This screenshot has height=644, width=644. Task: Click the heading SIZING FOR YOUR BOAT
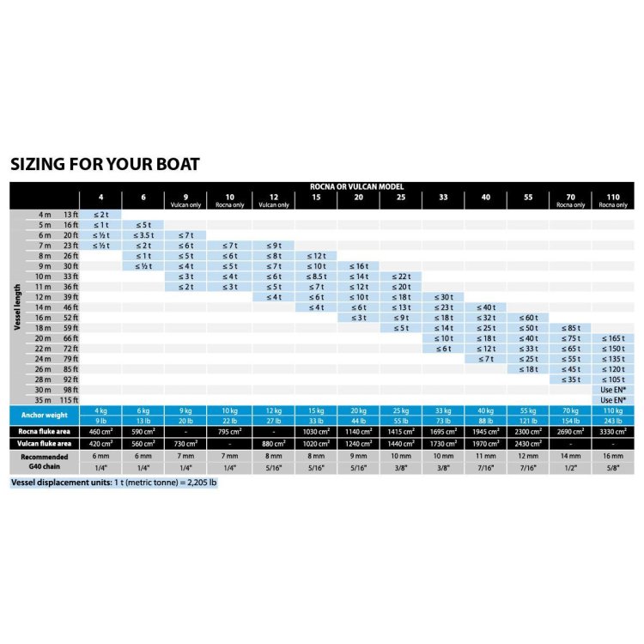click(x=105, y=163)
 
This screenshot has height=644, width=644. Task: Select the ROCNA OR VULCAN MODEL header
click(x=356, y=186)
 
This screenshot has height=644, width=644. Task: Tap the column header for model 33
click(x=443, y=197)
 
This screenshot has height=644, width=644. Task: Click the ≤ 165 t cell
click(x=611, y=338)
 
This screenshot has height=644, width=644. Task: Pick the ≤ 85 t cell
click(x=570, y=327)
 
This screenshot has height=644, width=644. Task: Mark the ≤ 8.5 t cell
click(x=316, y=276)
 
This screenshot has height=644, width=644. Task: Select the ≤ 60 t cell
click(x=527, y=317)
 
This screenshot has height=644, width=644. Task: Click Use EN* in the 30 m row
click(x=611, y=390)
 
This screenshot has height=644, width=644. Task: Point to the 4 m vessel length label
click(x=45, y=214)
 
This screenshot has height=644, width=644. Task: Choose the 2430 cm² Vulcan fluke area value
click(x=527, y=443)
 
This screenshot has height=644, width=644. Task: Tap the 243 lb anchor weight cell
click(x=611, y=420)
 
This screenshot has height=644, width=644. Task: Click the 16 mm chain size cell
click(x=611, y=458)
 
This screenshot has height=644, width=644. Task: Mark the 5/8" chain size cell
click(x=611, y=468)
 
